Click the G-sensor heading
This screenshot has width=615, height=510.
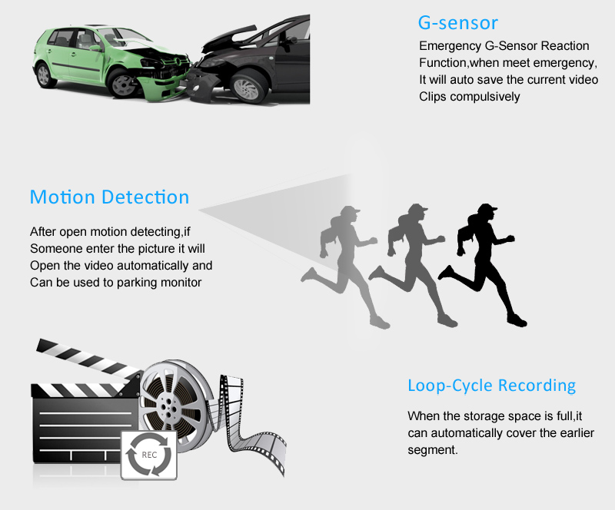tap(457, 23)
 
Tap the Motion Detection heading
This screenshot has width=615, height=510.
tap(109, 197)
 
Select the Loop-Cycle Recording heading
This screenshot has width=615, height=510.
tap(491, 386)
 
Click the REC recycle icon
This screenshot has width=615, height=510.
tap(149, 455)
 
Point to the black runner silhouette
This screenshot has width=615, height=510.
tap(483, 265)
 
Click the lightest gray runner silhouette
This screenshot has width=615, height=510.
tap(345, 267)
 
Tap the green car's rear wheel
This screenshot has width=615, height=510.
tap(44, 75)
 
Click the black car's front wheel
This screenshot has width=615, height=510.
tap(246, 87)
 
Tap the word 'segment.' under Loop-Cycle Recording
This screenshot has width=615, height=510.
tap(433, 450)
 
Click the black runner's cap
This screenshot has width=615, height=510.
tap(487, 208)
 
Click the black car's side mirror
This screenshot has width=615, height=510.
tap(291, 41)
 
